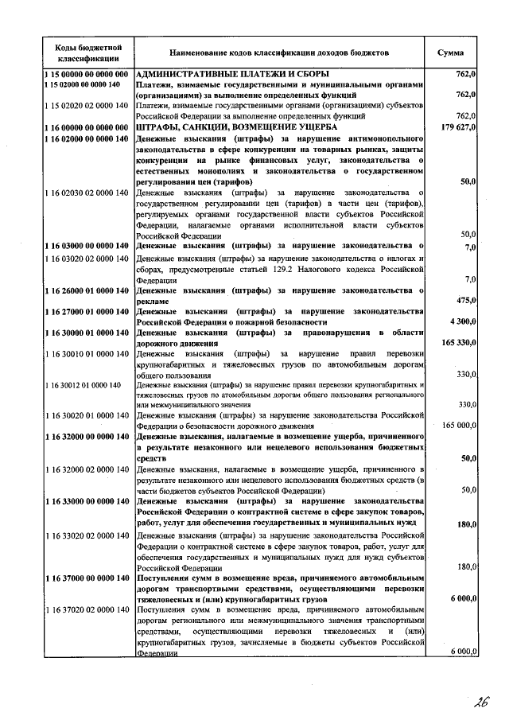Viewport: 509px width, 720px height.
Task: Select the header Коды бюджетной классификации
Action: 87,53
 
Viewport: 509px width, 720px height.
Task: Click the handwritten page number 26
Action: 479,702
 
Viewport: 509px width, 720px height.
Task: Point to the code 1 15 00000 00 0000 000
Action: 87,74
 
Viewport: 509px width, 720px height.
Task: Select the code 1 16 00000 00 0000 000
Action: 87,127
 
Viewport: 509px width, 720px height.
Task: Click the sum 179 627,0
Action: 457,127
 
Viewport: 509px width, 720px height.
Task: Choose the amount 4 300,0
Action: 462,321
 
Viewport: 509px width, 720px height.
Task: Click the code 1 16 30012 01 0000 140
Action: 83,385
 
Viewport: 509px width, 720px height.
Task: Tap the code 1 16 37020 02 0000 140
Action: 87,609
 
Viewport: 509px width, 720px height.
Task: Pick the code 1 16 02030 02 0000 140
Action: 87,193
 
